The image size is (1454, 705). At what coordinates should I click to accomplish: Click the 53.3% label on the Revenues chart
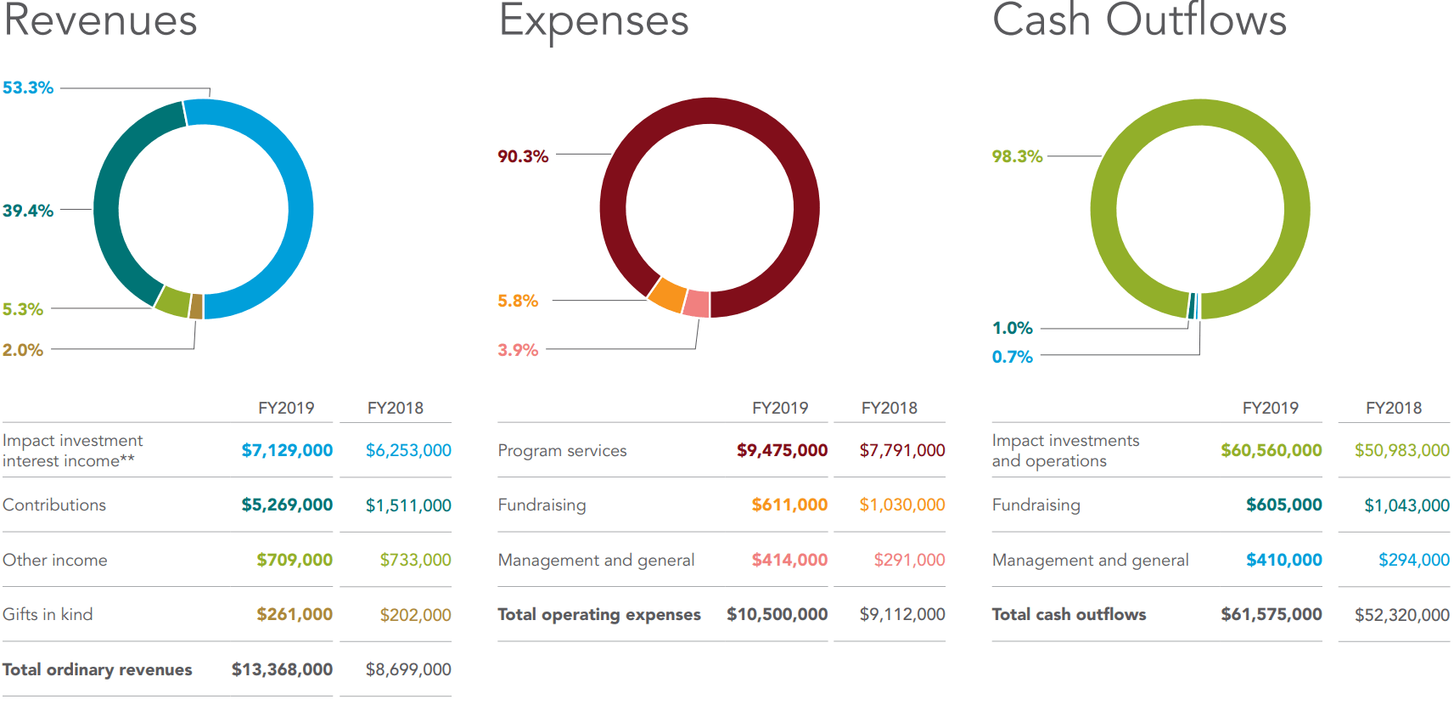28,87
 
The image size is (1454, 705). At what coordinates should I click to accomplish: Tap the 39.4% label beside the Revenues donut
28,211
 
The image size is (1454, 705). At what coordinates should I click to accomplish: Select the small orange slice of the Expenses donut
668,295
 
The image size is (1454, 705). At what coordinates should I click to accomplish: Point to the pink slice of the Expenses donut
697,303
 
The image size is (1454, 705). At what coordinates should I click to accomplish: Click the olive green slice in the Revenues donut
174,302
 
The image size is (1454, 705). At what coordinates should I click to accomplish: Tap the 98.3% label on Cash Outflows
1017,156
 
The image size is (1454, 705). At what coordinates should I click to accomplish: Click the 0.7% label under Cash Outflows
1012,357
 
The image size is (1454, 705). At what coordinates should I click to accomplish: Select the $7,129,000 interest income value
287,450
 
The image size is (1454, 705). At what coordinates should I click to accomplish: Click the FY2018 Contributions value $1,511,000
408,505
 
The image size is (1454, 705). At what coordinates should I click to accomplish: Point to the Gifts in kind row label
48,614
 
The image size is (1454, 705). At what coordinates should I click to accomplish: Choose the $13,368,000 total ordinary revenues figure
282,669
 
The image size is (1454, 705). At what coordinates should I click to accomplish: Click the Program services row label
562,450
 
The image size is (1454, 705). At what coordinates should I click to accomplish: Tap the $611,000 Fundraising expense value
789,505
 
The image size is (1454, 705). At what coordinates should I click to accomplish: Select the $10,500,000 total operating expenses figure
777,614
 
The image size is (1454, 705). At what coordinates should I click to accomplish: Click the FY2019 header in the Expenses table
780,408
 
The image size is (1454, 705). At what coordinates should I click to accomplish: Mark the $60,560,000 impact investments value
1271,450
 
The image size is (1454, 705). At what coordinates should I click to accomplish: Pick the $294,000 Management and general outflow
1413,560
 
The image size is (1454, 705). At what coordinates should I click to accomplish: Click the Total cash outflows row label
1069,614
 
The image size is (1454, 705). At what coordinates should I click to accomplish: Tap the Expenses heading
594,20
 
